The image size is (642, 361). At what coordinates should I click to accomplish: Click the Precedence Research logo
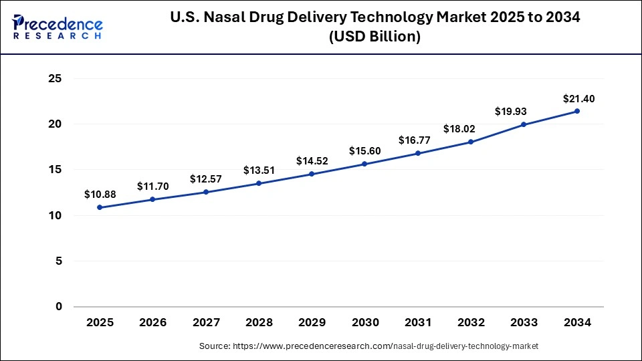pos(58,27)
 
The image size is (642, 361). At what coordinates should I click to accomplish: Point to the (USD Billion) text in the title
pos(374,37)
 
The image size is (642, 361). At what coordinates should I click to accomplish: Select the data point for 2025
pos(100,207)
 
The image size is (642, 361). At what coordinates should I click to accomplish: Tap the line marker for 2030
pos(365,164)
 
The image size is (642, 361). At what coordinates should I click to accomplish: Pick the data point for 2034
pos(577,111)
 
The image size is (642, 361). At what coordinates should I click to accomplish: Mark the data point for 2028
pos(259,183)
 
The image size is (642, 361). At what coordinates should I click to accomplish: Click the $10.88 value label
pos(100,195)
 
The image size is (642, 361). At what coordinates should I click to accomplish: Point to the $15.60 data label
pos(365,151)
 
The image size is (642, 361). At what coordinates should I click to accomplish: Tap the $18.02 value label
pos(471,129)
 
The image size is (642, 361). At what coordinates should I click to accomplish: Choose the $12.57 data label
pos(206,178)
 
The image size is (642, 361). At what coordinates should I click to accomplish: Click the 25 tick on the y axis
pos(55,79)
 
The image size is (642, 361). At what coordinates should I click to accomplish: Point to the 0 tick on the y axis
pos(59,307)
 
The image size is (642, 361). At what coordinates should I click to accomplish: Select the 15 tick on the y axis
pos(55,170)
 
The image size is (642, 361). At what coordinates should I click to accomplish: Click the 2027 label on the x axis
pos(206,323)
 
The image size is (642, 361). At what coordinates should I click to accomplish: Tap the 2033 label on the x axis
pos(524,323)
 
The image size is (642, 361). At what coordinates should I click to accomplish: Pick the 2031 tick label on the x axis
pos(418,323)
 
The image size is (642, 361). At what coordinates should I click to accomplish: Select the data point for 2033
pos(524,124)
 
